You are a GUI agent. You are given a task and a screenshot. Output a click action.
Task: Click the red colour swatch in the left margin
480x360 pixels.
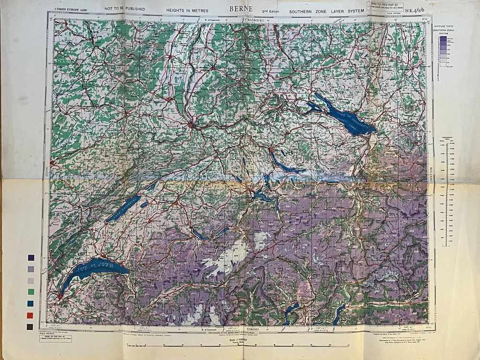pos(31,315)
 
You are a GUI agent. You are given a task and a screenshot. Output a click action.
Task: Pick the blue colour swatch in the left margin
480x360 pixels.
pos(31,303)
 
